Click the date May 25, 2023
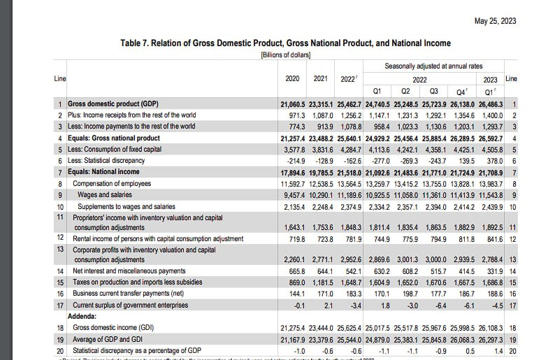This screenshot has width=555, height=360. pyautogui.click(x=495, y=20)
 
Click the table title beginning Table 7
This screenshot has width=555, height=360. pyautogui.click(x=286, y=43)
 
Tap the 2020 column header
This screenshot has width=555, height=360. pyautogui.click(x=294, y=79)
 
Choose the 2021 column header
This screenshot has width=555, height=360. pyautogui.click(x=321, y=79)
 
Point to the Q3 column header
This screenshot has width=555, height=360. pyautogui.click(x=433, y=91)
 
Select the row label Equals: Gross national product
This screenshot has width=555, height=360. pyautogui.click(x=115, y=138)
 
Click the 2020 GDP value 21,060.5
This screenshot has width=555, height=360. pyautogui.click(x=294, y=103)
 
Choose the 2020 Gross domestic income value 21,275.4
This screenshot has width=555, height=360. pyautogui.click(x=294, y=327)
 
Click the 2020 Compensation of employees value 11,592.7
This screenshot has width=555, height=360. pyautogui.click(x=294, y=183)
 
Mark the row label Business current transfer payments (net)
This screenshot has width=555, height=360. pyautogui.click(x=133, y=293)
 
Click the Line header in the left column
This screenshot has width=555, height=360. pyautogui.click(x=60, y=78)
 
